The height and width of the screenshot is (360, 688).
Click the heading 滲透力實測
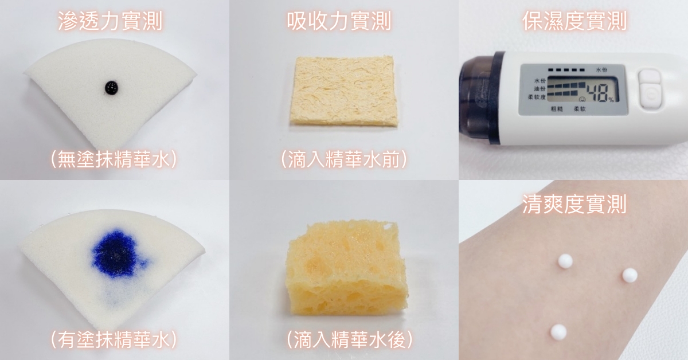(x=110, y=21)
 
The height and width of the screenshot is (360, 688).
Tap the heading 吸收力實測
(x=339, y=21)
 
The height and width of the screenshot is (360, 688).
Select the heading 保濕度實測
(x=574, y=21)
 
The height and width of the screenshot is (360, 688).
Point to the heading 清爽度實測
(x=574, y=204)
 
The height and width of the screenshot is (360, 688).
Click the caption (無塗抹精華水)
(x=114, y=160)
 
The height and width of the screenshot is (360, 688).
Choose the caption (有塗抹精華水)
(x=114, y=340)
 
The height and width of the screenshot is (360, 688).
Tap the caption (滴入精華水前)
(x=344, y=160)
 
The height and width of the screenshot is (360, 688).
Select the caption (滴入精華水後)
(x=350, y=340)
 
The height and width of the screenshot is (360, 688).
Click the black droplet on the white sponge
(x=111, y=88)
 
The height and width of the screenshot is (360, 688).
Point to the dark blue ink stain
(x=118, y=253)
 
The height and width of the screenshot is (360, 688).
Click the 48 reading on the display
(x=597, y=93)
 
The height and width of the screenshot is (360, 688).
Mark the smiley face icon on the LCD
(x=582, y=99)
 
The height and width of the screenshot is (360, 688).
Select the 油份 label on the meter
(x=540, y=89)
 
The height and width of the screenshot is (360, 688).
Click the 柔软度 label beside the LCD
(x=537, y=97)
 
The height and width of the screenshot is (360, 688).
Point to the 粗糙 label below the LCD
(x=557, y=109)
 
